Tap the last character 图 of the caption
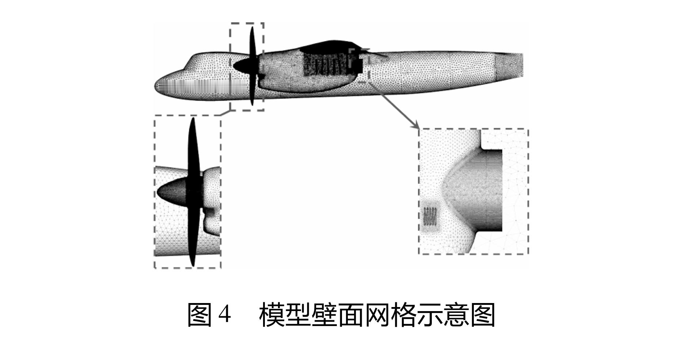click(x=483, y=315)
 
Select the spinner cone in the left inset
click(x=172, y=192)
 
